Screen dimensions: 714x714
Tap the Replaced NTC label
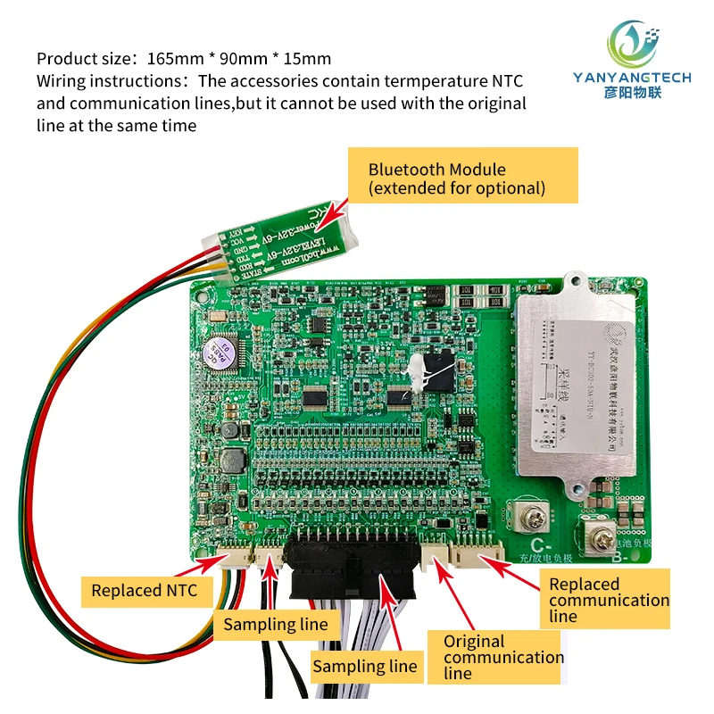point(144,590)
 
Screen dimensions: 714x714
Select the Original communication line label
point(503,657)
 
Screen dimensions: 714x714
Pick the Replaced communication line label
point(608,599)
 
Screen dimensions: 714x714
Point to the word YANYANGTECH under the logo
point(631,78)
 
